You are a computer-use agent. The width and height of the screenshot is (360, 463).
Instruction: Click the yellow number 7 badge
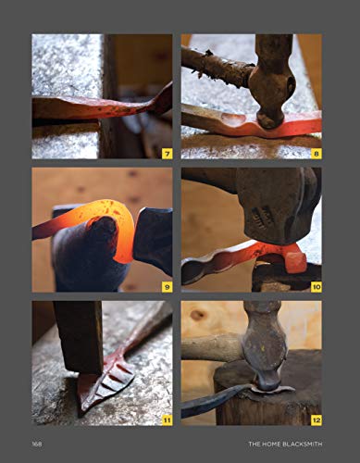(x=166, y=153)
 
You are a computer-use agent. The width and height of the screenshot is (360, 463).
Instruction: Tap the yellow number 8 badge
(x=316, y=153)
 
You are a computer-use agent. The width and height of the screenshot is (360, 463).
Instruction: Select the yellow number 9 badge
(x=166, y=286)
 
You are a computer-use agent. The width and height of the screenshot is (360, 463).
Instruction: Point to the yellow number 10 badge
(x=315, y=286)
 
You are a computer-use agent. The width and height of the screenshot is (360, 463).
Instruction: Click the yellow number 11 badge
(x=166, y=419)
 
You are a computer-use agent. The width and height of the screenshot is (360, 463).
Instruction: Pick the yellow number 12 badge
(x=315, y=419)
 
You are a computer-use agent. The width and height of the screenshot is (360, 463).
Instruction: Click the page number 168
(x=38, y=444)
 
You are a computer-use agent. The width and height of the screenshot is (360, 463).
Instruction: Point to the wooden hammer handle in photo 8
(x=217, y=65)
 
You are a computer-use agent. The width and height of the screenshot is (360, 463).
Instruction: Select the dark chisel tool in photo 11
(x=79, y=338)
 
